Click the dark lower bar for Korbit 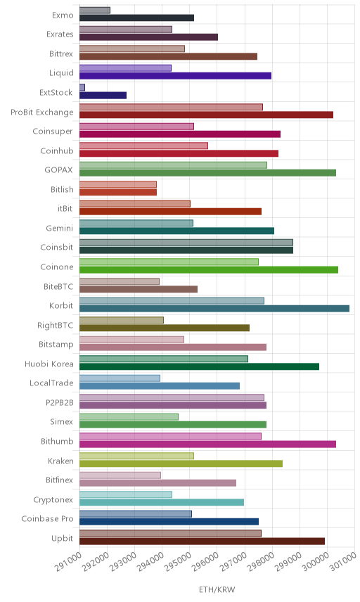(x=214, y=309)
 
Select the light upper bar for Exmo (x=95, y=11)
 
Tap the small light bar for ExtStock (x=82, y=87)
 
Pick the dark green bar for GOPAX (x=207, y=173)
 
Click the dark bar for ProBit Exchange (x=207, y=115)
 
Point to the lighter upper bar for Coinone (x=169, y=262)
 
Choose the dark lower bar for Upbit (x=202, y=542)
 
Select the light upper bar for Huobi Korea (x=164, y=359)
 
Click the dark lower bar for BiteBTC (x=139, y=289)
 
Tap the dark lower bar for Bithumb (x=207, y=444)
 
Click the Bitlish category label (x=62, y=190)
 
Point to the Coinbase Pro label (x=47, y=519)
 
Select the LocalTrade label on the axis (x=51, y=383)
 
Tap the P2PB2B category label (x=60, y=402)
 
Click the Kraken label (x=60, y=461)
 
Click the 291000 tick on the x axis (x=68, y=562)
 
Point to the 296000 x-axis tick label (x=205, y=562)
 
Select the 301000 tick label (x=342, y=562)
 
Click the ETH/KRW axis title (x=217, y=590)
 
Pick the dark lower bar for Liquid (x=175, y=76)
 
